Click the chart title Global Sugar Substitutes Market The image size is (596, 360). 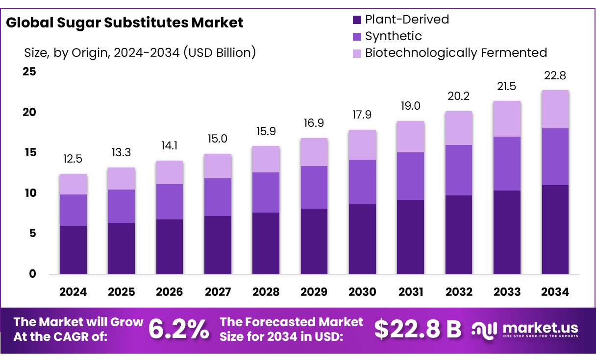(124, 23)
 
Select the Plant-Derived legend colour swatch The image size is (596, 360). (357, 20)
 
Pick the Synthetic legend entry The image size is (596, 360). (393, 36)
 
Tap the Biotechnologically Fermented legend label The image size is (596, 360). (456, 53)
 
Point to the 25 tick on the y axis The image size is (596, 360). (29, 72)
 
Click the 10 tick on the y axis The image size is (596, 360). (29, 193)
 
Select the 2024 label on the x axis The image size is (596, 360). (73, 292)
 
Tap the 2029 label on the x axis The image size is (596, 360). (314, 292)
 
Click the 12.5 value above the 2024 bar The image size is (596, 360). (73, 159)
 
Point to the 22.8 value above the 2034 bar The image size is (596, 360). (555, 76)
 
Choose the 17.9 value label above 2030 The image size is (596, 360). (362, 115)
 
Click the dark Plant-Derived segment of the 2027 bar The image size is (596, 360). (218, 245)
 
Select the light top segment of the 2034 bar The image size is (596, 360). (555, 109)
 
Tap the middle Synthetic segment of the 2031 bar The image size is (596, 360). (410, 176)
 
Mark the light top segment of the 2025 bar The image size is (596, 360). (121, 178)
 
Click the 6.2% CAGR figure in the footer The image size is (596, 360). (178, 329)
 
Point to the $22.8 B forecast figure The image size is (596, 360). (418, 329)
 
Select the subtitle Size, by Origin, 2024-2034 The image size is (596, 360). (140, 52)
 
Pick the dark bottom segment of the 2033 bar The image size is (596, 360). (507, 232)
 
